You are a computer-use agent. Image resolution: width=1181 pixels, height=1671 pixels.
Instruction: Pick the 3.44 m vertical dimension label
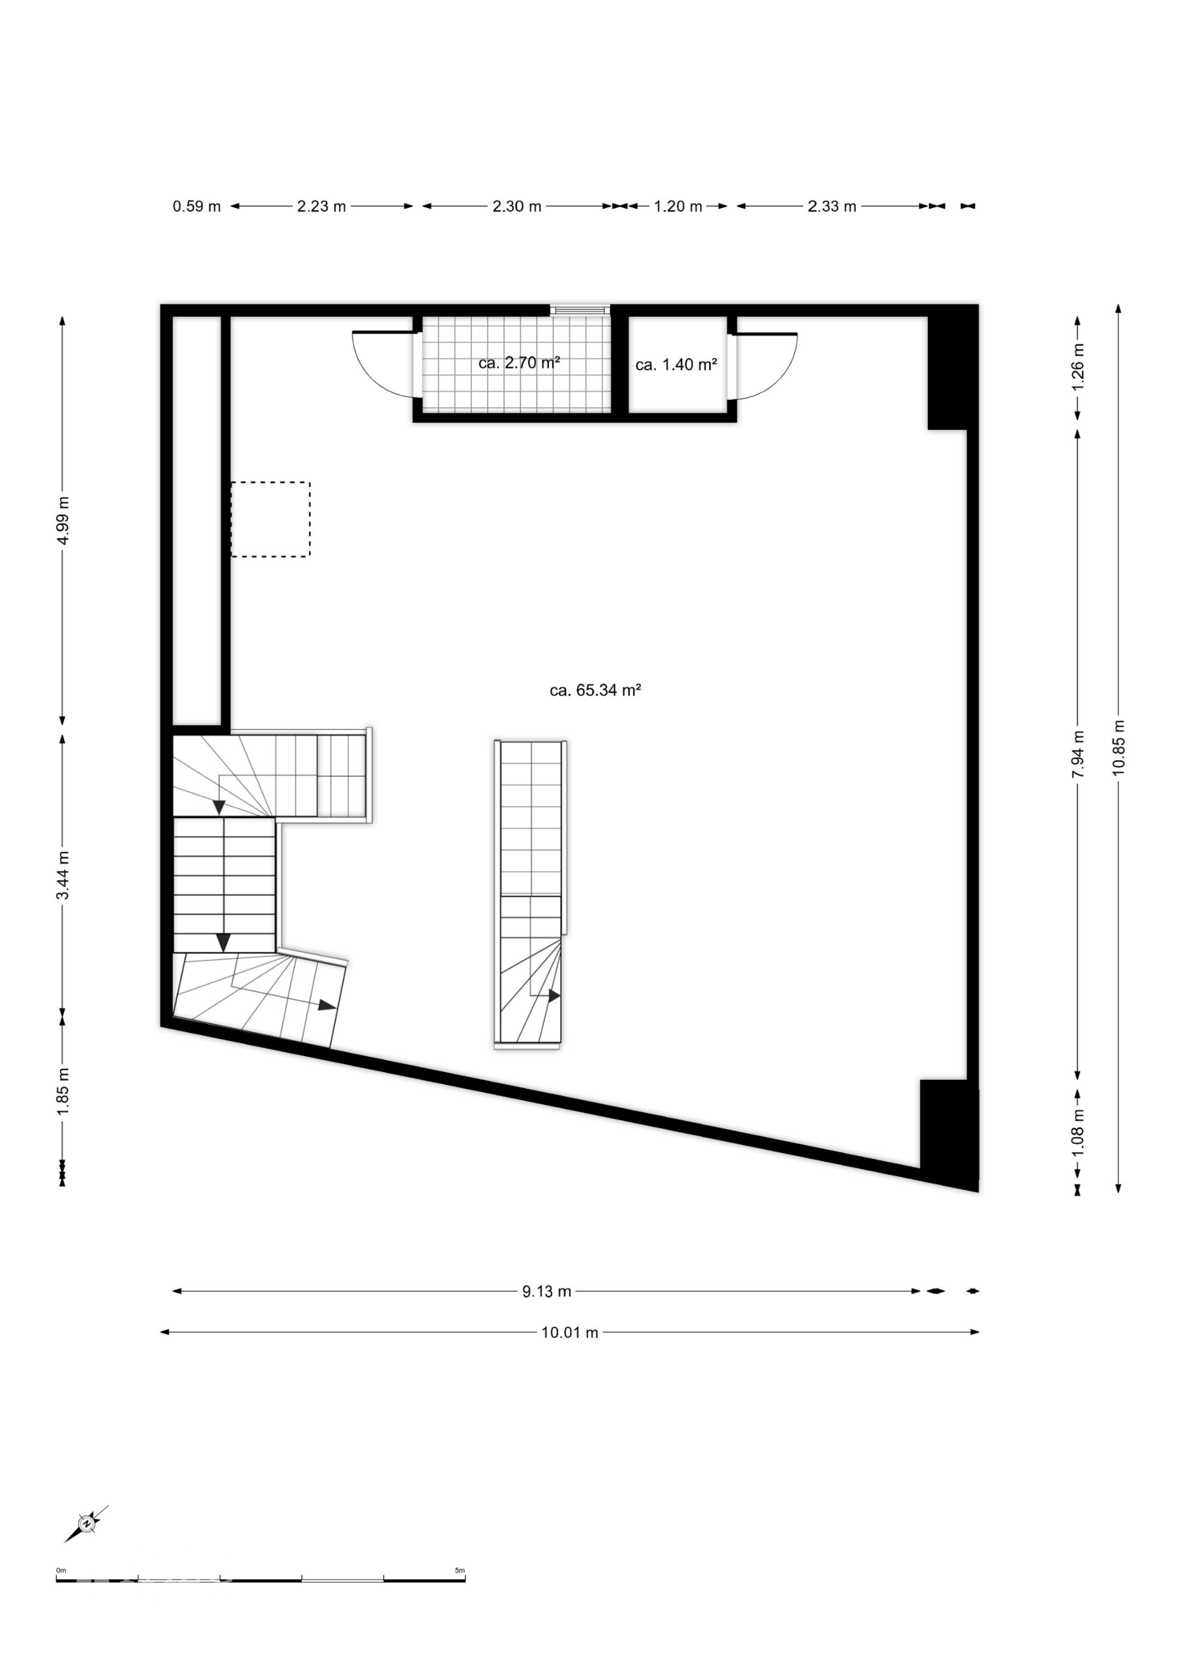(64, 875)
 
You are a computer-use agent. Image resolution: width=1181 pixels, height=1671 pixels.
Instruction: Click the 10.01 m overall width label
(570, 1332)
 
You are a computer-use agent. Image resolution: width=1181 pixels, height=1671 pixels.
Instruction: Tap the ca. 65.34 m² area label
(595, 690)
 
